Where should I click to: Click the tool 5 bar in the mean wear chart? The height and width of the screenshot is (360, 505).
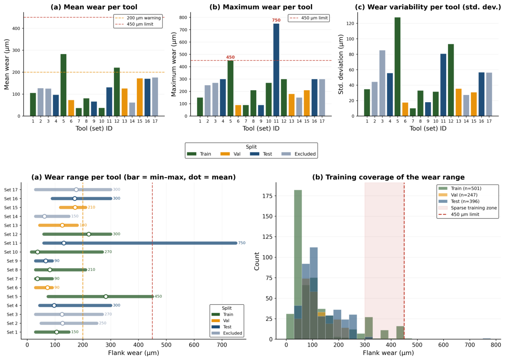pyautogui.click(x=63, y=85)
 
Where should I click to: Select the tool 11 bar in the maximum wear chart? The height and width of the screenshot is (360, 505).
pyautogui.click(x=276, y=70)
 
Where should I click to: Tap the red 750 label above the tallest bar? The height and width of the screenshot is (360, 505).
pyautogui.click(x=276, y=20)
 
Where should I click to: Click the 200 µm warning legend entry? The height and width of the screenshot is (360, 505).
pyautogui.click(x=138, y=18)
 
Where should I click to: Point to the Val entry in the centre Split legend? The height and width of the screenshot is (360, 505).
pyautogui.click(x=231, y=154)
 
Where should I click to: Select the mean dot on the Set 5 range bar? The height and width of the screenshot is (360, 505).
pyautogui.click(x=106, y=297)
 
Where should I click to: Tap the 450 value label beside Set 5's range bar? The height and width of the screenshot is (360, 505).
pyautogui.click(x=158, y=297)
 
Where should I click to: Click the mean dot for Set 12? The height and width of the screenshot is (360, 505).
pyautogui.click(x=89, y=234)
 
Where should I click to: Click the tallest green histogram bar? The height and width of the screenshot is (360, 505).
pyautogui.click(x=298, y=264)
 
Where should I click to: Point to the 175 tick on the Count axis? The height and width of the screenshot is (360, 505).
pyautogui.click(x=268, y=196)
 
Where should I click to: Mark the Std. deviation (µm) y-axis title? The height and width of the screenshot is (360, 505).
pyautogui.click(x=341, y=65)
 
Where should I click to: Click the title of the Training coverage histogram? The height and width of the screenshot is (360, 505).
pyautogui.click(x=388, y=177)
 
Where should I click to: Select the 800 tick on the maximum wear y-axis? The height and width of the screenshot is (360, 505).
pyautogui.click(x=183, y=17)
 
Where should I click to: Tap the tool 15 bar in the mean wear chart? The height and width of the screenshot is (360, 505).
pyautogui.click(x=140, y=97)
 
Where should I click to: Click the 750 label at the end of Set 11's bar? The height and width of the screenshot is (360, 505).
pyautogui.click(x=242, y=243)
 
